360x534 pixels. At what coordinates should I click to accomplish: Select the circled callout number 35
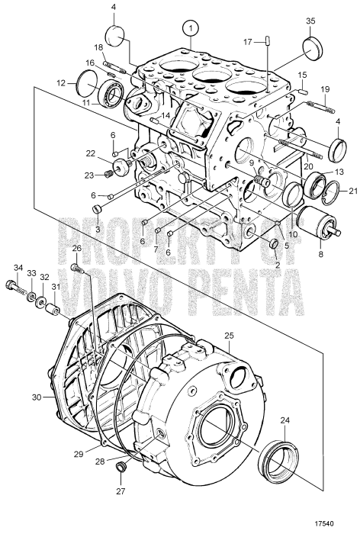[311, 21]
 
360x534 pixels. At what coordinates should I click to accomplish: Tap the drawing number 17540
[340, 523]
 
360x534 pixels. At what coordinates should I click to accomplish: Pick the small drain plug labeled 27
[121, 466]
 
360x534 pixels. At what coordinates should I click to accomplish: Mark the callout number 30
[35, 396]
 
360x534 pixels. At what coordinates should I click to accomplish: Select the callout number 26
[76, 249]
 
